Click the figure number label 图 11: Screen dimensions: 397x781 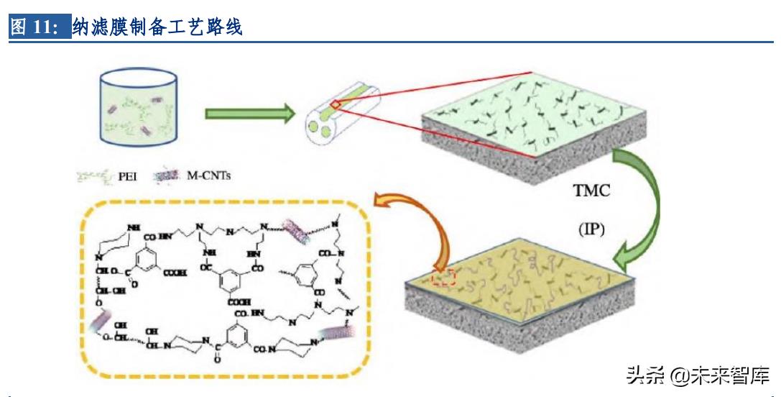(x=40, y=28)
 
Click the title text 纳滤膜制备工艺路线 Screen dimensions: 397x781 (x=158, y=28)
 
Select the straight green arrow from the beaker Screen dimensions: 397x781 (x=249, y=112)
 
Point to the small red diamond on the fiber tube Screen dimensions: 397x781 (x=335, y=106)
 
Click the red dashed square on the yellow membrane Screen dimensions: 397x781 (x=444, y=277)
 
